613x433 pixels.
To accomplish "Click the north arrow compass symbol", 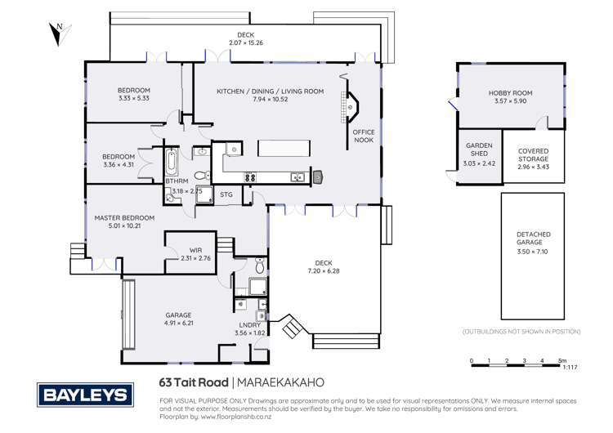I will click(55, 32).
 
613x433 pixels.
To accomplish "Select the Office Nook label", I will click(363, 136).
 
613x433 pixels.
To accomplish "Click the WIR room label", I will click(195, 250).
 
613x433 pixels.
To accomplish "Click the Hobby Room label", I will click(510, 94).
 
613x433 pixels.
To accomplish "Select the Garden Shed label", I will click(479, 147).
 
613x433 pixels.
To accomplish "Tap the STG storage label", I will click(226, 194).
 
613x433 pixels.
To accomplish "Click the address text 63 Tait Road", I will click(194, 382).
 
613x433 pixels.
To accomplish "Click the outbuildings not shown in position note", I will click(521, 332).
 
